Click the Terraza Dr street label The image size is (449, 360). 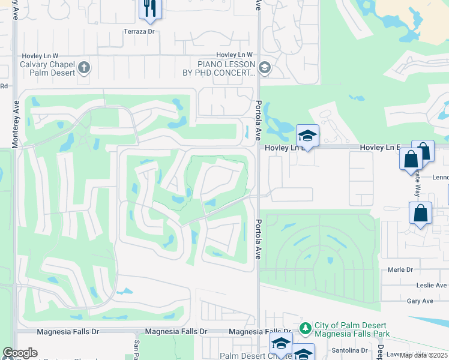click(x=139, y=32)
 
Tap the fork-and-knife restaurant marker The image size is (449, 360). click(x=150, y=8)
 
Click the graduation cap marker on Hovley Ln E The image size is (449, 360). click(x=307, y=136)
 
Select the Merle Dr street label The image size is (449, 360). click(x=401, y=270)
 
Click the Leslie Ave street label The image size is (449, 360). click(x=434, y=285)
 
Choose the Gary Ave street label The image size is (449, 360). click(x=420, y=301)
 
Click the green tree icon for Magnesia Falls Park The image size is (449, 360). click(x=305, y=329)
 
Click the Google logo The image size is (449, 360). click(x=20, y=353)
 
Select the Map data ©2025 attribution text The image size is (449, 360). click(x=424, y=355)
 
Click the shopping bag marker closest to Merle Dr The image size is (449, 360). click(x=421, y=214)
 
